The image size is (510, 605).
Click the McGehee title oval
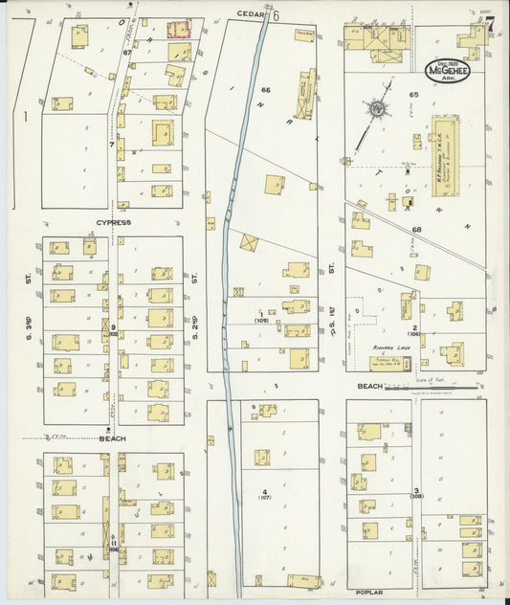[448, 71]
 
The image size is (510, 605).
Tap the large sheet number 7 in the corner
[489, 26]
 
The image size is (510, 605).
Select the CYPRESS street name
[112, 222]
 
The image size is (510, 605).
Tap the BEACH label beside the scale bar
[369, 386]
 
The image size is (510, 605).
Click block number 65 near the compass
[414, 95]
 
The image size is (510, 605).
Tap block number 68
[417, 230]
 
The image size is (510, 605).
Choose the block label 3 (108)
[416, 494]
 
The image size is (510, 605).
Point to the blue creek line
[233, 287]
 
